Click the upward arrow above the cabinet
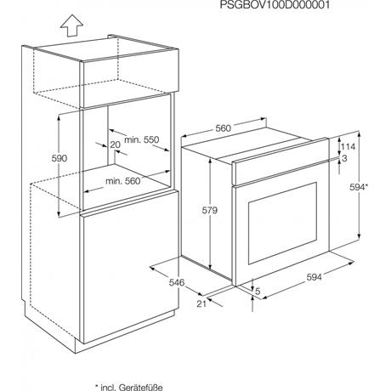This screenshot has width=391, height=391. point(71,25)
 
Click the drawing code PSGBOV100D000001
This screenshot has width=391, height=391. point(275,5)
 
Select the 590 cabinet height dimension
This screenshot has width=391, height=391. point(59,158)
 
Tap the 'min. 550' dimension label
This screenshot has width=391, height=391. point(142,139)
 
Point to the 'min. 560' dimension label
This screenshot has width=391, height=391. point(123,181)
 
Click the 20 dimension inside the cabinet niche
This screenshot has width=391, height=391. point(115,144)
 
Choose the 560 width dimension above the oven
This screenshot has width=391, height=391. point(224,128)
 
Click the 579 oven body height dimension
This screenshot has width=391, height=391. point(210,210)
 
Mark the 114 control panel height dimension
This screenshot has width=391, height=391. point(348,146)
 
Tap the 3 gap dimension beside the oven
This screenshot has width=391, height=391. point(344,158)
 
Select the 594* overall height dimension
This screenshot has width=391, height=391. point(359,187)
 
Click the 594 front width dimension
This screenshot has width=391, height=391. point(314,277)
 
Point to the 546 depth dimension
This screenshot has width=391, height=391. point(177,282)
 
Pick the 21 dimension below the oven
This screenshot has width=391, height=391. point(201,303)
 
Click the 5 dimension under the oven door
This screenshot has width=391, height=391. point(258,291)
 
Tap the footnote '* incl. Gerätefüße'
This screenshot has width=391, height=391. point(129,387)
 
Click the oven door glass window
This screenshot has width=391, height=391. point(282,223)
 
